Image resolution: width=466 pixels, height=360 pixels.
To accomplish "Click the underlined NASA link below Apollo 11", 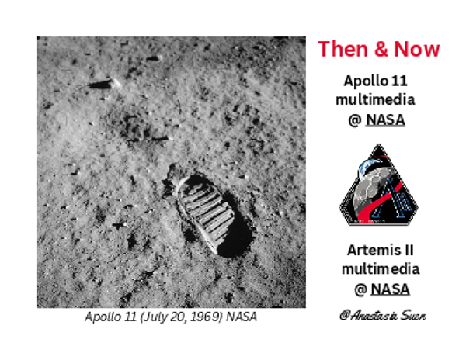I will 385,120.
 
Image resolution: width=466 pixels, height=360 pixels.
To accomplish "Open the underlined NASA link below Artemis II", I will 390,289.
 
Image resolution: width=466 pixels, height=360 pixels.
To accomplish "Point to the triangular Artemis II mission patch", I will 378,187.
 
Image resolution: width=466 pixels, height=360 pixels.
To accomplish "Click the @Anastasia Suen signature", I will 382,316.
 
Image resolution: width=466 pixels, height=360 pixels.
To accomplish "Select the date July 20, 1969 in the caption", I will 184,317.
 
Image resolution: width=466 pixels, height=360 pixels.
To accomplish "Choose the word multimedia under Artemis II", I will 381,269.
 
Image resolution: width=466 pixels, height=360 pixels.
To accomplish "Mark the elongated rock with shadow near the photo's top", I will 103,84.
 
